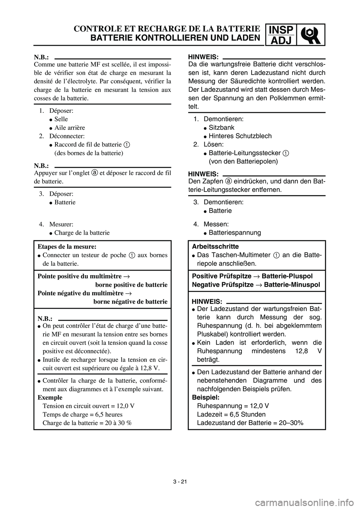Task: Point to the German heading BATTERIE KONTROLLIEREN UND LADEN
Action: click(174, 37)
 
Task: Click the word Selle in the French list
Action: click(61, 119)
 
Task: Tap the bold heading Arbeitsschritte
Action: click(215, 246)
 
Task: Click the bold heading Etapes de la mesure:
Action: click(67, 246)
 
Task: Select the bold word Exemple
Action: click(50, 397)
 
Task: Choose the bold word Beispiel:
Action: click(205, 397)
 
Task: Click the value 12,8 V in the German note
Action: click(306, 351)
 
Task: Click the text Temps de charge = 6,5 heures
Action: click(82, 414)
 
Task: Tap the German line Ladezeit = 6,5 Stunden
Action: click(231, 414)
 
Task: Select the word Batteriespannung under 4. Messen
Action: click(235, 233)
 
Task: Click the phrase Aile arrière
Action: click(70, 128)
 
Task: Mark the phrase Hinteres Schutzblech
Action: click(240, 136)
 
